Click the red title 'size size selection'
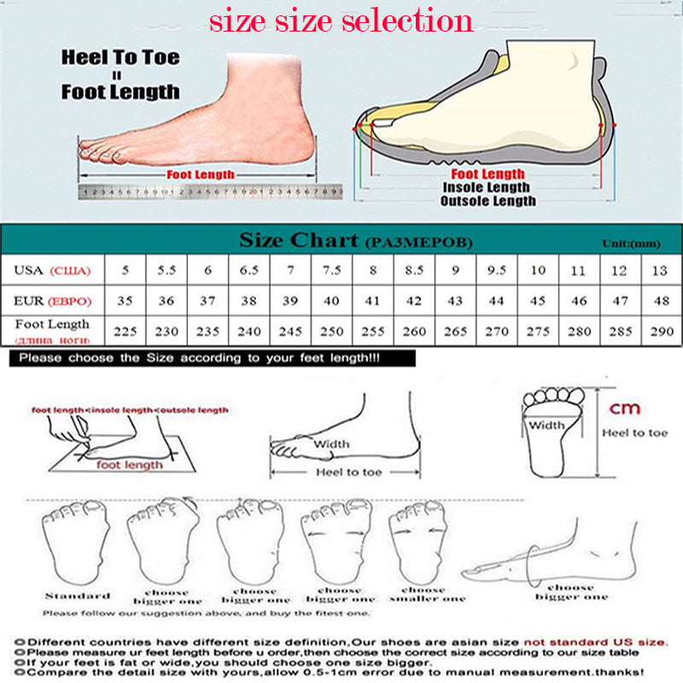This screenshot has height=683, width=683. click(x=341, y=20)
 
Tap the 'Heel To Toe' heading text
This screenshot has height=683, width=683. click(x=120, y=58)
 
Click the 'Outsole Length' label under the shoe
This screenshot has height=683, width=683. click(x=487, y=201)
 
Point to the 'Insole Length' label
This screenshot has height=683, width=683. click(x=486, y=188)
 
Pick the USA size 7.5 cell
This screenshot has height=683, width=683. click(x=332, y=271)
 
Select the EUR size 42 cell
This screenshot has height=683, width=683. click(x=414, y=301)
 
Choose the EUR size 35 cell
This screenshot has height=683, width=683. click(x=126, y=301)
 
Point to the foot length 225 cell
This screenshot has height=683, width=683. click(x=126, y=331)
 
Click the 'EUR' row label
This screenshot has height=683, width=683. click(x=51, y=301)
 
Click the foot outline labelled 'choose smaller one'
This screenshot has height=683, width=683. click(x=422, y=546)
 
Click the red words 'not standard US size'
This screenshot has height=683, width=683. click(x=595, y=641)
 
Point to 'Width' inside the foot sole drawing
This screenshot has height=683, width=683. click(x=546, y=425)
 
